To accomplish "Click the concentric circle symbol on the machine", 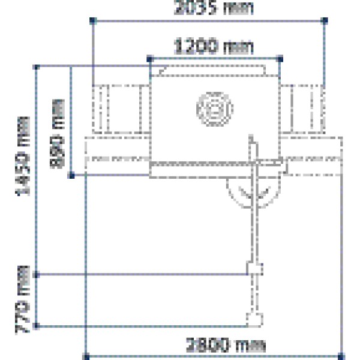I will coord(214,109).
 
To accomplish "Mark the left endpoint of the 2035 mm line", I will coord(93,20).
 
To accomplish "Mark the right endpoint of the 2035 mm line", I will coord(325,20).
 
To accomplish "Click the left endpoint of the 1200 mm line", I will coord(149,58).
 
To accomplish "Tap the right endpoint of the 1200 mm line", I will coord(281,58).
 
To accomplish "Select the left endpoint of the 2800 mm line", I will coord(86,356).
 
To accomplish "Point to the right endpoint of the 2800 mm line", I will coord(343,356).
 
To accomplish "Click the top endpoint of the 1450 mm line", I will coord(38,66).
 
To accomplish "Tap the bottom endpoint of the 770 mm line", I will coord(38,326).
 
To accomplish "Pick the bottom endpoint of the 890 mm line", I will coord(72,175).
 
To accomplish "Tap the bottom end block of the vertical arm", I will coord(254,319).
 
